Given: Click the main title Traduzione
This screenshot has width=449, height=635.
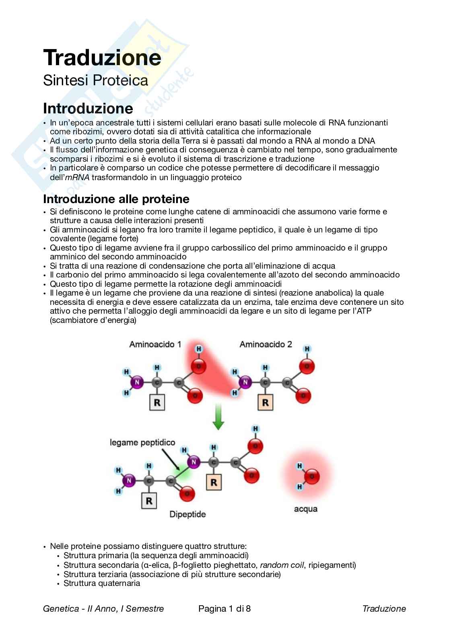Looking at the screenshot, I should coord(102,58).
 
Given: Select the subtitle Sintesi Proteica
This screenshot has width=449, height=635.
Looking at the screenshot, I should coord(95,80).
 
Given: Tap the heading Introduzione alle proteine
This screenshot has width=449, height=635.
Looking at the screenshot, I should coord(116,199).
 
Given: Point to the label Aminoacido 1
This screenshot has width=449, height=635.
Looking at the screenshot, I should coord(155,344).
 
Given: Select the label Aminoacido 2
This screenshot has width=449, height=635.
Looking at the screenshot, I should coord(266,344).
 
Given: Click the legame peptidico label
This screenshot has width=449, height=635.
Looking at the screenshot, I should coord(142,442).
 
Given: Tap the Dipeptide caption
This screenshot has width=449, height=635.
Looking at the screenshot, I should coord(187,514).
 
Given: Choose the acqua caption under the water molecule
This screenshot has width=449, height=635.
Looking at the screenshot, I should coord(306,509).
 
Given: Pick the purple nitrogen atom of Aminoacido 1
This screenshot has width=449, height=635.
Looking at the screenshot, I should coord(137,382).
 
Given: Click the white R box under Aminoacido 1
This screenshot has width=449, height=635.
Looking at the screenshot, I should coord(157,403).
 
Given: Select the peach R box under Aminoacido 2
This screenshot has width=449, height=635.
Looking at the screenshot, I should coord(265,403).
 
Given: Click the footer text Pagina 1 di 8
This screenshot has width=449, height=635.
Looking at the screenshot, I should coord(224,608).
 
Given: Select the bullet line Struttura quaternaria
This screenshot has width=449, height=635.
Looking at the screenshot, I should coord(102,583).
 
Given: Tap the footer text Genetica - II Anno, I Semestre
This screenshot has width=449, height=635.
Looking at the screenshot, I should coord(103,608).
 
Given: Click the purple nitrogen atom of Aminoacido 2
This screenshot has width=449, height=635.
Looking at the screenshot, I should coord(244,382).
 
